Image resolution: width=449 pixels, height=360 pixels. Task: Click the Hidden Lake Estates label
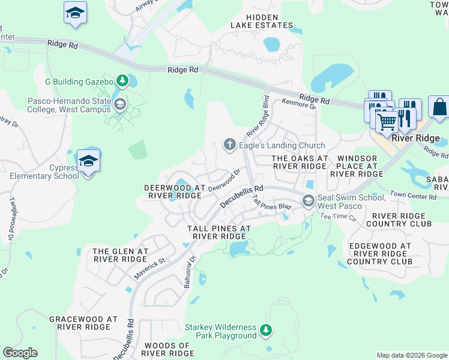coord(262,21)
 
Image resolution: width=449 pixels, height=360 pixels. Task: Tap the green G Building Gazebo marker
coord(122,80)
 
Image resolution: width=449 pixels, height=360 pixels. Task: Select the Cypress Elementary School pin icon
coord(89,161)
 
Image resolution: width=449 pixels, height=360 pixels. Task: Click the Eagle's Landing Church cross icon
coord(229,145)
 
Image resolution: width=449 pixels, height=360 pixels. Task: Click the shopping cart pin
coord(387,121)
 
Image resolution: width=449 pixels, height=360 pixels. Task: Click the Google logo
coord(20,353)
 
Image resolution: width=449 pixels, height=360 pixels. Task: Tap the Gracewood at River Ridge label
coord(83,323)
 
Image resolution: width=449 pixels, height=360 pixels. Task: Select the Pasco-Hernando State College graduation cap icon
coord(121,105)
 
